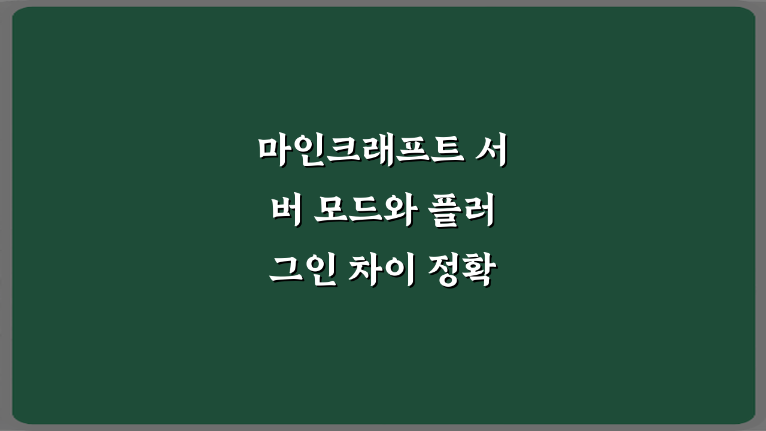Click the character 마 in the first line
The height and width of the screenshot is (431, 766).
click(x=273, y=150)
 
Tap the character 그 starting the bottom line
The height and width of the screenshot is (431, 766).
click(x=285, y=271)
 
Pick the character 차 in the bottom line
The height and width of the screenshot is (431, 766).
click(x=366, y=271)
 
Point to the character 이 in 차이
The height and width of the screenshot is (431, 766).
click(x=398, y=271)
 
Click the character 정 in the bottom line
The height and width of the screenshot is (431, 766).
click(x=445, y=271)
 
